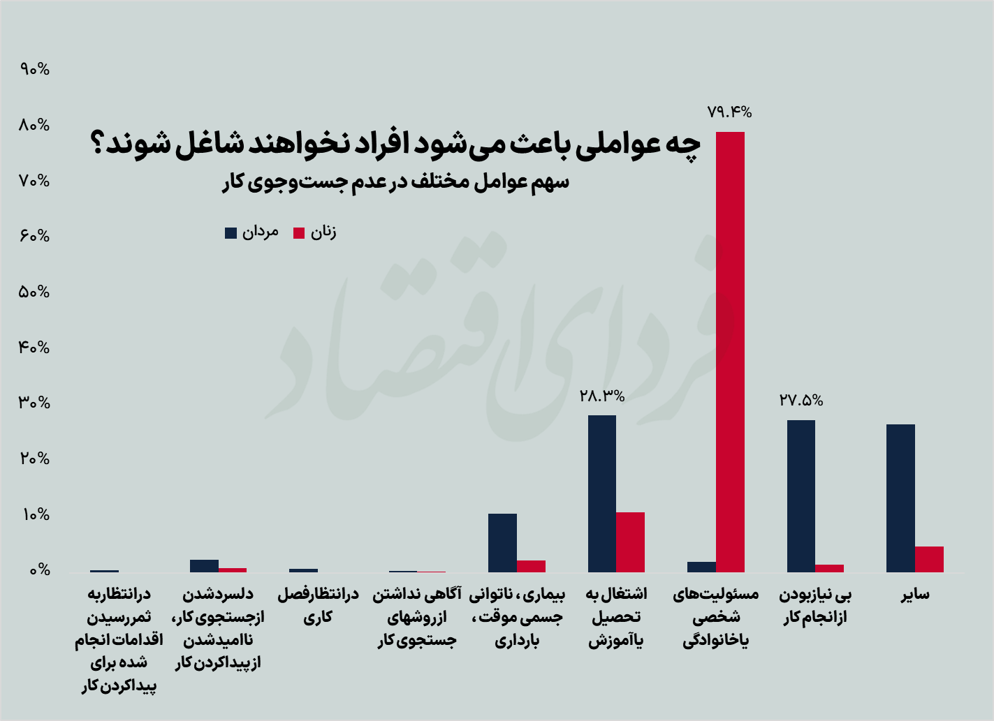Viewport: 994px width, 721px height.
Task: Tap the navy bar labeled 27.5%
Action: [x=801, y=496]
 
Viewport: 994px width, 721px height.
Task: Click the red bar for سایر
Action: [x=929, y=559]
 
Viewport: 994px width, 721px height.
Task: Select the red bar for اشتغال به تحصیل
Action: [x=630, y=542]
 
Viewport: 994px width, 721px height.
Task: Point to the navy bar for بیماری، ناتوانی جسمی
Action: [x=502, y=543]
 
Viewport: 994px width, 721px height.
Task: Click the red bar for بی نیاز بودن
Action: [x=829, y=568]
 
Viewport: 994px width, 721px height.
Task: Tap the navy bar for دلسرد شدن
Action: [x=204, y=566]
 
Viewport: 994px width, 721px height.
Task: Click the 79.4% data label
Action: [x=729, y=112]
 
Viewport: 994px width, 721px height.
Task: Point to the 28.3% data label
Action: [x=602, y=396]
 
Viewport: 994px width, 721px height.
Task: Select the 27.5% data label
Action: [x=801, y=401]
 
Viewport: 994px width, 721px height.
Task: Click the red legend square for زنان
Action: [x=299, y=233]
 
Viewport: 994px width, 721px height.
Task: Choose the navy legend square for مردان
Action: [x=231, y=233]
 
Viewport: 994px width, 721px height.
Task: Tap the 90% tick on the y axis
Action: [x=35, y=69]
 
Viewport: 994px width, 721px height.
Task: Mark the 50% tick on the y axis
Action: [x=35, y=292]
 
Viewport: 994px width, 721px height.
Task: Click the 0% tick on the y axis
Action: [x=39, y=570]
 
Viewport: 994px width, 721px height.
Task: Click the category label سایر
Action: [x=914, y=595]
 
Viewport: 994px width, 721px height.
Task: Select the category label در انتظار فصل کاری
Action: [x=318, y=605]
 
